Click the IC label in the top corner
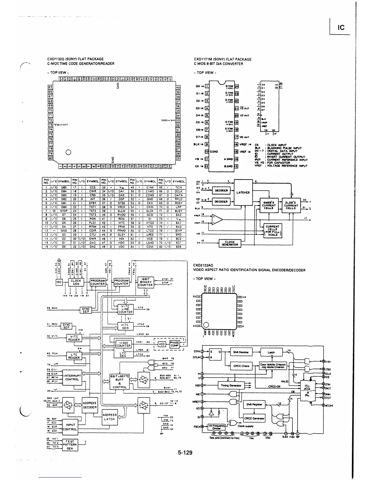point(341,28)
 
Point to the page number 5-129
point(185,453)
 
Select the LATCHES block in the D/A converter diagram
point(243,192)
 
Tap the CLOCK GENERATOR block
point(229,243)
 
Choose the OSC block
point(59,282)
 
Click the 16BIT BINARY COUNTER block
point(145,282)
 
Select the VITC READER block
point(74,338)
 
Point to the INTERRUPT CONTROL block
point(72,378)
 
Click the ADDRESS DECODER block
point(89,405)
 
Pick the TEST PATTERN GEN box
point(70,445)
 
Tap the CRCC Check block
point(241,366)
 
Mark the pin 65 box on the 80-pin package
point(50,87)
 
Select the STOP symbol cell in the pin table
point(64,211)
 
